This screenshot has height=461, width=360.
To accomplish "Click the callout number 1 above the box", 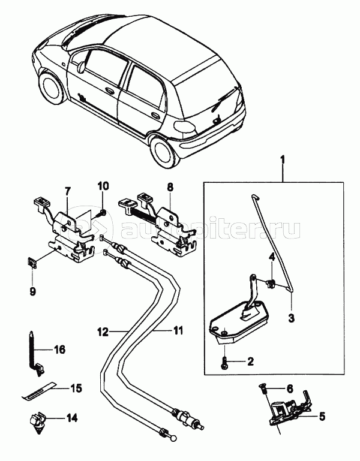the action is tap(283, 161).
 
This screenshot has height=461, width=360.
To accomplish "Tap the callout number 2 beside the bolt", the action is tap(250, 361).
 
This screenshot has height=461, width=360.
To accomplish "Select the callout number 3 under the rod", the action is tap(292, 318).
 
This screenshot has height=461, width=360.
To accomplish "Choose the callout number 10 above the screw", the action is tap(290, 388).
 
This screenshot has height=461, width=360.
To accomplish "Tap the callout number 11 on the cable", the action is tap(177, 330).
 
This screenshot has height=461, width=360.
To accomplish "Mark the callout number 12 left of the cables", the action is tap(103, 332).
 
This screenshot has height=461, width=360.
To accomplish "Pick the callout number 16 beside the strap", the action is tap(60, 350).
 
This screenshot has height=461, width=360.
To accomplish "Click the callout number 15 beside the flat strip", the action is tap(76, 388).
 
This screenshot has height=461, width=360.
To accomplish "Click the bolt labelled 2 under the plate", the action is tap(224, 363).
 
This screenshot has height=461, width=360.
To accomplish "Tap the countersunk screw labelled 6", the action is tap(262, 388).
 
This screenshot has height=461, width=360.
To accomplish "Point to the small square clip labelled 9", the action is tap(31, 262).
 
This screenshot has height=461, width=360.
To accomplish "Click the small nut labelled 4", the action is tap(270, 284).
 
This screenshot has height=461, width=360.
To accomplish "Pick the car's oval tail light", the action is tap(185, 126).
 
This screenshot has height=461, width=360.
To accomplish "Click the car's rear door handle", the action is tap(154, 115).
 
